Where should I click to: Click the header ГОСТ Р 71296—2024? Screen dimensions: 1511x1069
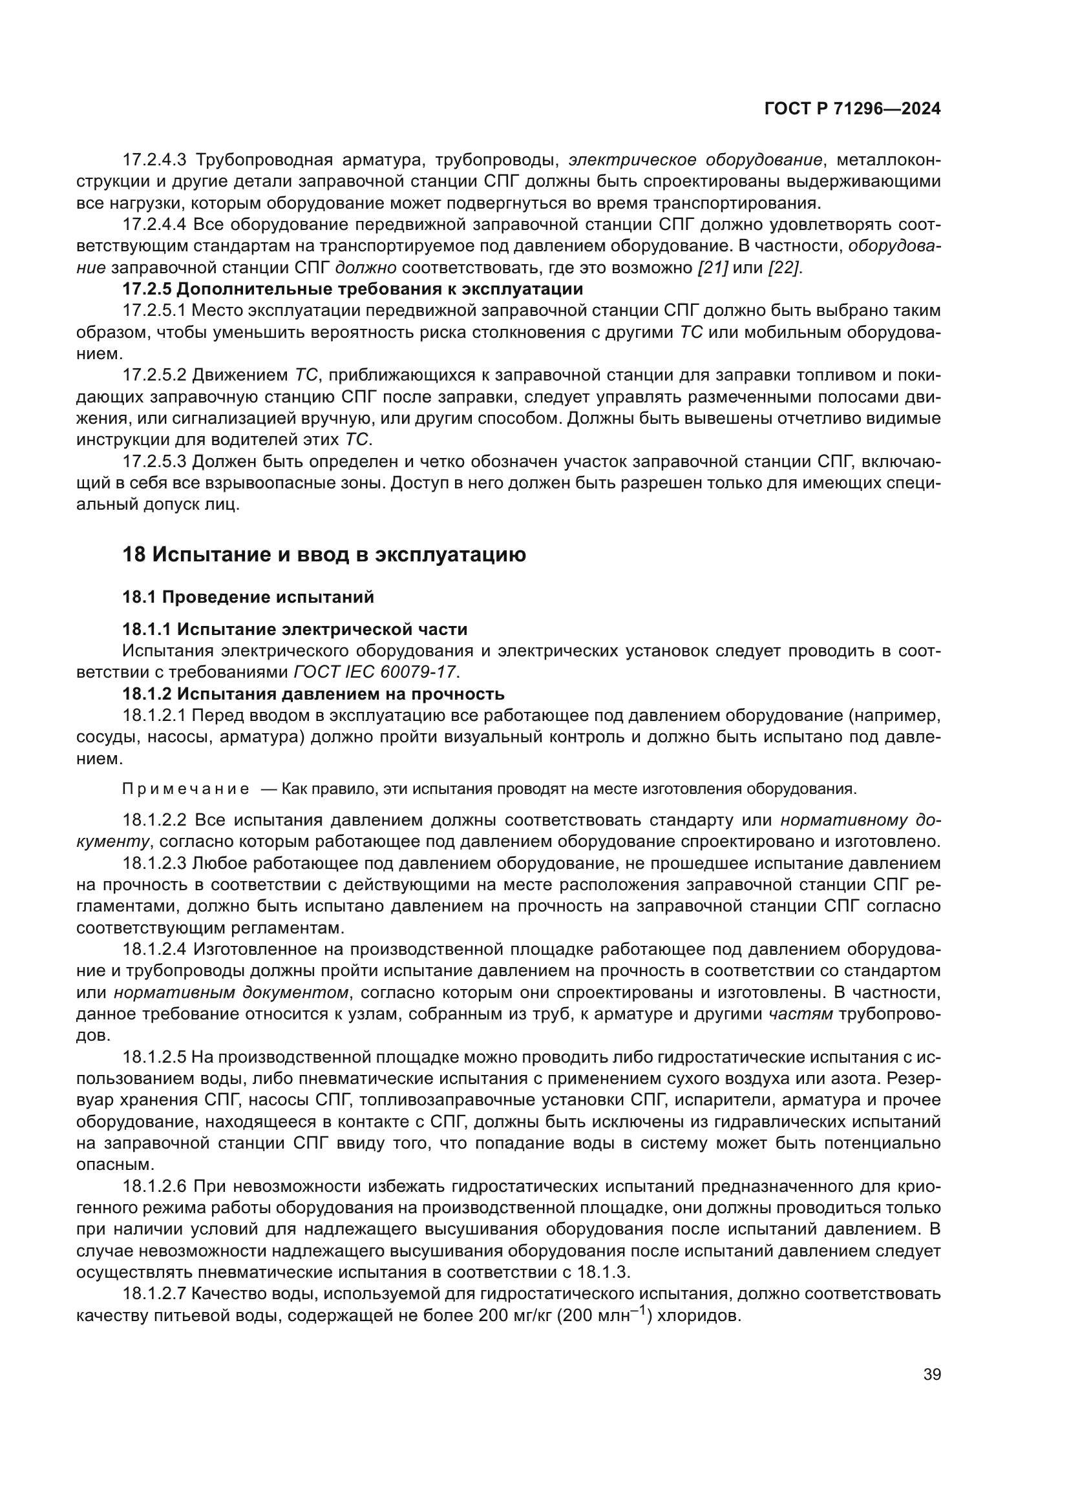[x=852, y=109]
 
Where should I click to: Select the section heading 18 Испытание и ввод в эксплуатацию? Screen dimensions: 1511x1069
[x=324, y=555]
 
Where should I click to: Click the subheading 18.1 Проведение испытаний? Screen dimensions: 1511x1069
[x=248, y=597]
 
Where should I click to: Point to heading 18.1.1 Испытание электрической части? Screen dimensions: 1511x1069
[x=295, y=629]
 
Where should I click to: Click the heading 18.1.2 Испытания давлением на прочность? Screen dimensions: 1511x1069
[x=313, y=694]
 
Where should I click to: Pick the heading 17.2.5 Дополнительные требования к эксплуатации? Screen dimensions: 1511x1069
[x=353, y=289]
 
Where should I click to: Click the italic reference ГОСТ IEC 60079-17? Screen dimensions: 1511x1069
[x=375, y=672]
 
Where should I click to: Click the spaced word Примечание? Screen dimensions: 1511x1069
[x=186, y=789]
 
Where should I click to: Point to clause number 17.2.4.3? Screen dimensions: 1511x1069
[x=154, y=160]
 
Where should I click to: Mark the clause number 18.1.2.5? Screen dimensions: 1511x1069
[x=154, y=1057]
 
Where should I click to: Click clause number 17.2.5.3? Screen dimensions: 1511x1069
[x=154, y=462]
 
